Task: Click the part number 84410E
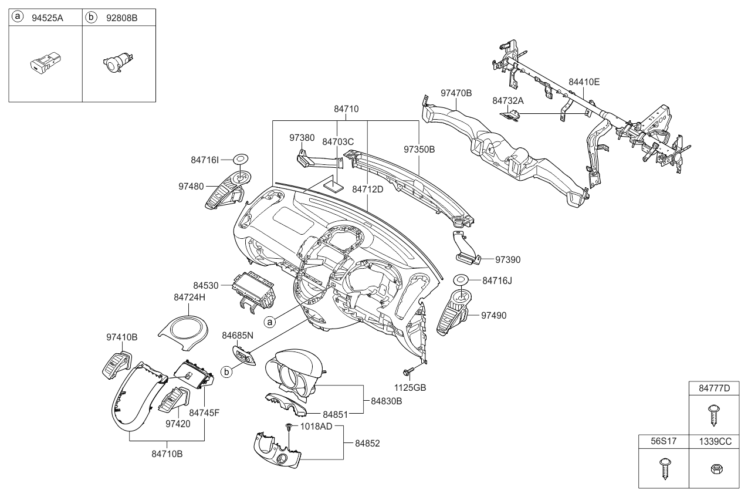(584, 82)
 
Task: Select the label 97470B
(456, 93)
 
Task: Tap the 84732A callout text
(508, 100)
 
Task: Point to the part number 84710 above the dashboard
(346, 109)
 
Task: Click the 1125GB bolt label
(410, 388)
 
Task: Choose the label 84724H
(189, 297)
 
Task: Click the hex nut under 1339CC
(717, 469)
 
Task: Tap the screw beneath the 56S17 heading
(664, 469)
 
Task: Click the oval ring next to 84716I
(241, 160)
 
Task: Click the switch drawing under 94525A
(45, 62)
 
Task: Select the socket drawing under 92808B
(118, 62)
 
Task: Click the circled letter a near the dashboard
(269, 322)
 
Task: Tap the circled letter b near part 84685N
(226, 372)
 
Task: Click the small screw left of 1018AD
(289, 426)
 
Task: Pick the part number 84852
(367, 444)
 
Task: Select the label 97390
(507, 260)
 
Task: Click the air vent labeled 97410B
(117, 366)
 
